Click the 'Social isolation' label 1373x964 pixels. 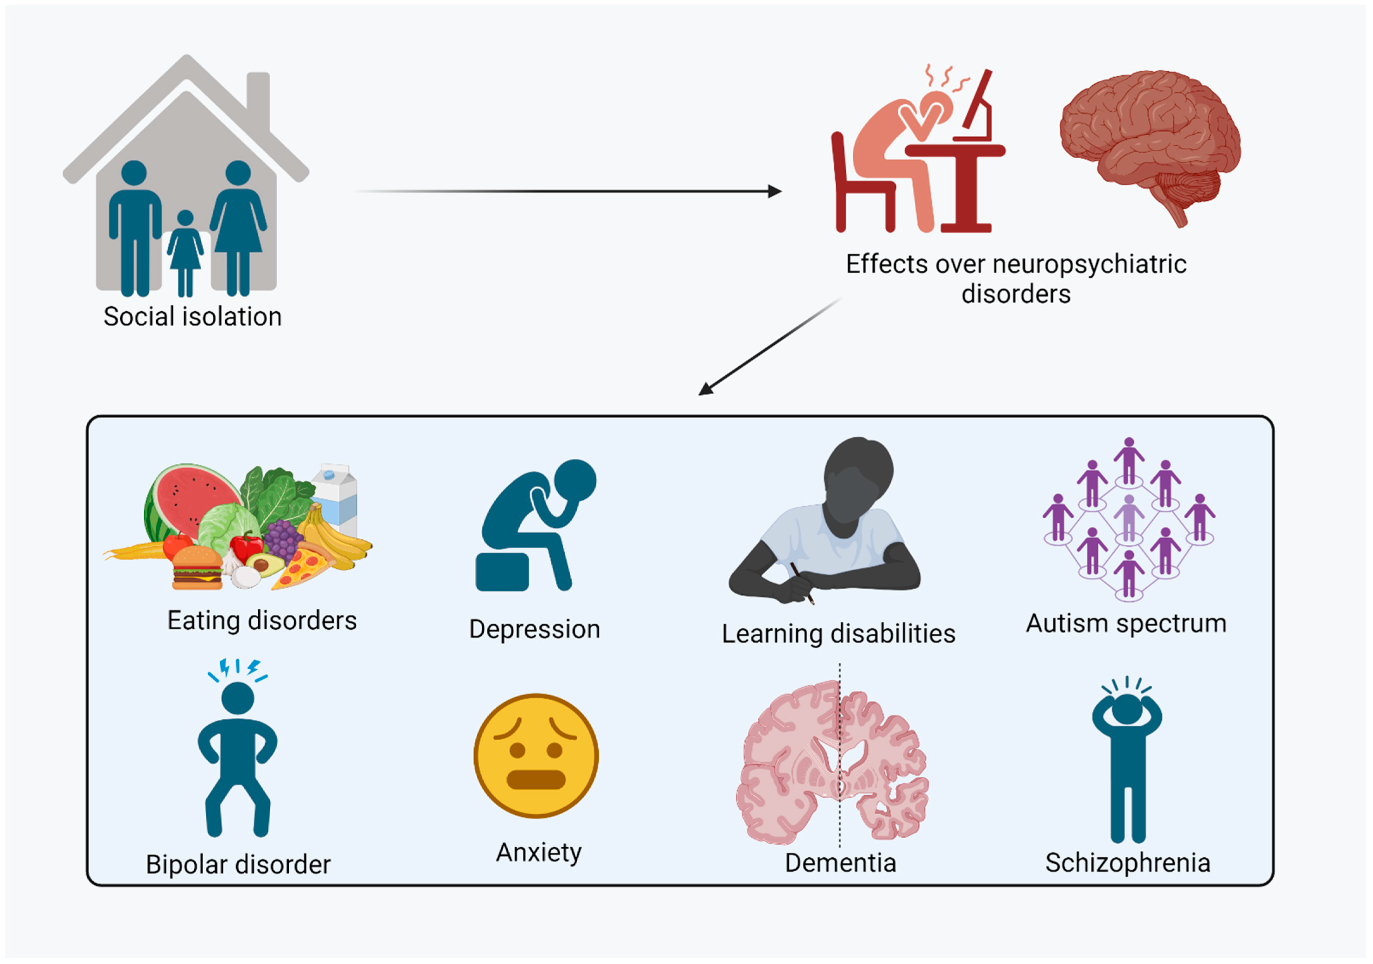coord(192,316)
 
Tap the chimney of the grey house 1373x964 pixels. coord(258,96)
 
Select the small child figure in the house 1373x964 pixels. coord(185,251)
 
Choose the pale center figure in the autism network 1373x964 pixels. coord(1128,517)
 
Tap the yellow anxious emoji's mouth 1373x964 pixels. coord(536,779)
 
